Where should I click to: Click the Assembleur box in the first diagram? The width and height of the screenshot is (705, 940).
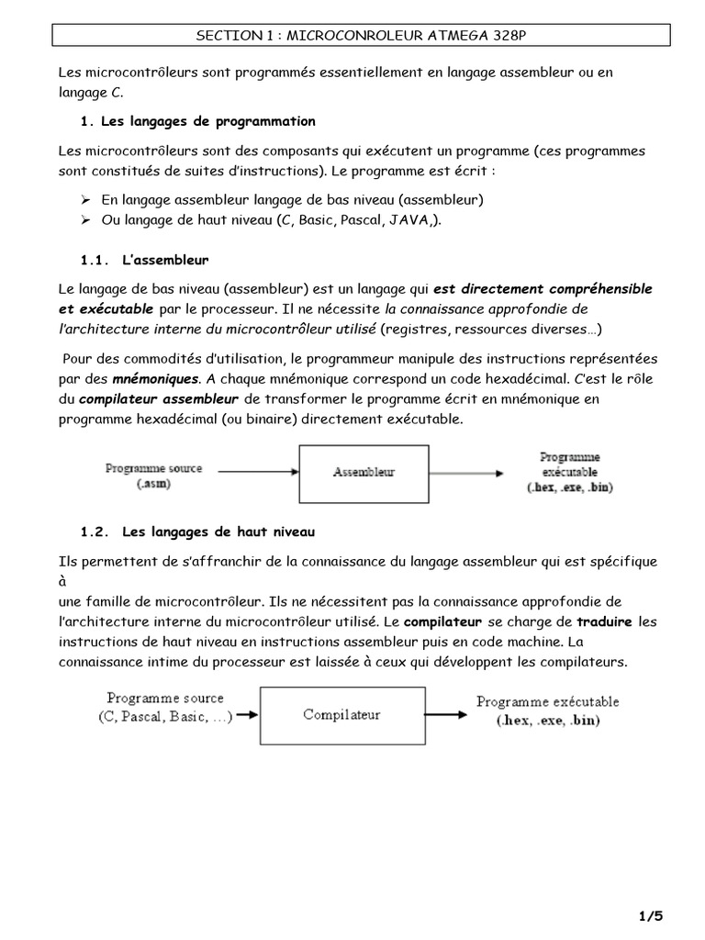pyautogui.click(x=364, y=473)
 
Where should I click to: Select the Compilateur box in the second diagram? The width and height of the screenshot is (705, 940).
pyautogui.click(x=341, y=714)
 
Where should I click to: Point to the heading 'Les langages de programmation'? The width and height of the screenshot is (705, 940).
pyautogui.click(x=207, y=121)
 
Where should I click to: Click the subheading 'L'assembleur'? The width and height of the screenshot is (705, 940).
pyautogui.click(x=165, y=260)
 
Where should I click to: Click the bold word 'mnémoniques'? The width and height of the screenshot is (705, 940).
pyautogui.click(x=154, y=378)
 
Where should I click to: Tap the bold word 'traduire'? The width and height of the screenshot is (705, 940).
pyautogui.click(x=605, y=622)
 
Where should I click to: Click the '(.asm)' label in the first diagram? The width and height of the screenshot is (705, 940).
pyautogui.click(x=153, y=484)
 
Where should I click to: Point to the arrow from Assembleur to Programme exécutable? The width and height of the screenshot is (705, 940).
pyautogui.click(x=471, y=473)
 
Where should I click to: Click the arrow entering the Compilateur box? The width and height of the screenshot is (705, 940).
pyautogui.click(x=247, y=714)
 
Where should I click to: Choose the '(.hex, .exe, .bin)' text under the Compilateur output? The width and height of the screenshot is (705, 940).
pyautogui.click(x=547, y=721)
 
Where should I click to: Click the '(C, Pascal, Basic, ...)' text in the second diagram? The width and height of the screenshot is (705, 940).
pyautogui.click(x=166, y=719)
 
